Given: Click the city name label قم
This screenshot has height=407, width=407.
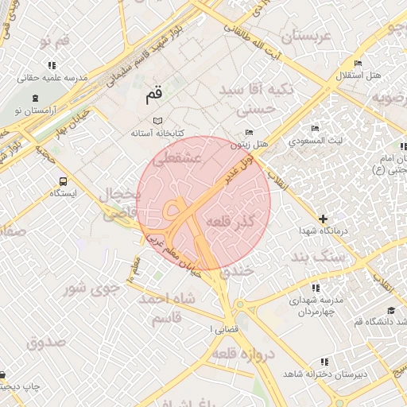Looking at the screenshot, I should click(153, 96).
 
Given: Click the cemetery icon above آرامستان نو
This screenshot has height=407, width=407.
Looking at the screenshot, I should click(34, 98).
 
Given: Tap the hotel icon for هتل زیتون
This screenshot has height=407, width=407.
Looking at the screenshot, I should click(250, 133).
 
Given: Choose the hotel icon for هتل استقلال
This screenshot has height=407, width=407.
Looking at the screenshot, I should click(358, 63).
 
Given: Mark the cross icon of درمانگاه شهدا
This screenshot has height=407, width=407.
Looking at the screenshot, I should click(323, 218).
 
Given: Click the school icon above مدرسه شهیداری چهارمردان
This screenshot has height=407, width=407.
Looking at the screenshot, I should click(316, 288).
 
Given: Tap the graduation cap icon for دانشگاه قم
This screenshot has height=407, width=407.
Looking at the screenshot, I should click(390, 310).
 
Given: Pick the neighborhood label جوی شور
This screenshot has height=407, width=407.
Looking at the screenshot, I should click(91, 288).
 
